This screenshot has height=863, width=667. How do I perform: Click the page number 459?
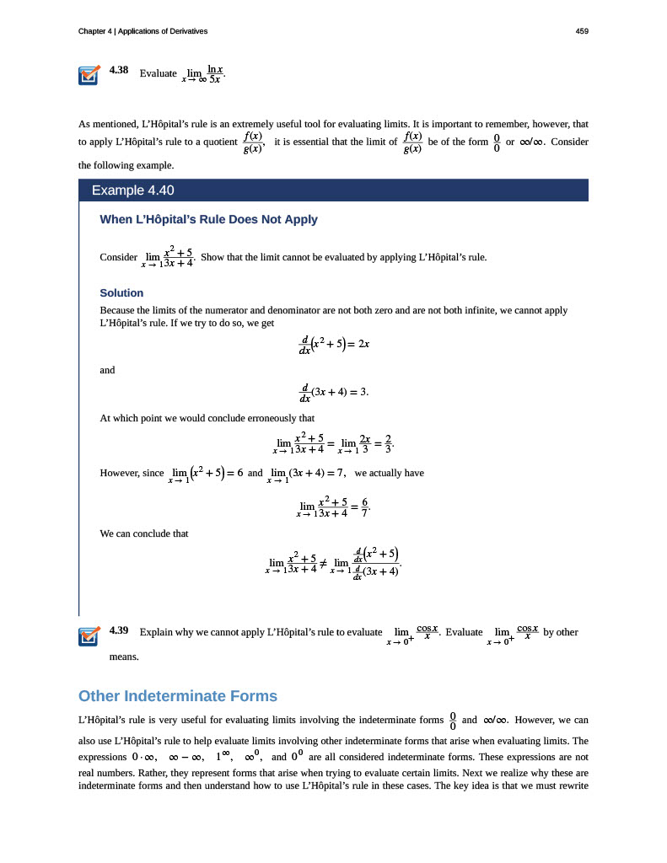click(581, 31)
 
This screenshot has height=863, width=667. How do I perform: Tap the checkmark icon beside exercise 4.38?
click(89, 75)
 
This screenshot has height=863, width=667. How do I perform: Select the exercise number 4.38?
click(119, 70)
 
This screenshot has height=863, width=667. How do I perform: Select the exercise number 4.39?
click(119, 630)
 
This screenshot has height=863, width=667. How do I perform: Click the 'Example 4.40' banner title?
click(132, 190)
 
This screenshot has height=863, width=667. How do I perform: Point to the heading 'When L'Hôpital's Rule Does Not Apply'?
click(208, 219)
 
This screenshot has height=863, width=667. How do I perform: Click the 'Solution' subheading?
click(121, 292)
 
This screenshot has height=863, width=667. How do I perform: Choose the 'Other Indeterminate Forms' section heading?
click(177, 696)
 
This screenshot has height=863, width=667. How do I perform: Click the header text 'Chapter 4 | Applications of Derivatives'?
click(143, 31)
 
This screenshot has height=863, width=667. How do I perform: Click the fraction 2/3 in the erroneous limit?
click(387, 442)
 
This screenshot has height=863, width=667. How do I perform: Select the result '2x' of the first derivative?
click(363, 344)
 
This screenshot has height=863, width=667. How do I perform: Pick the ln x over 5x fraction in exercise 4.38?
click(215, 74)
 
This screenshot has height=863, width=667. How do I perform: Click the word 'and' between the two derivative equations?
click(107, 369)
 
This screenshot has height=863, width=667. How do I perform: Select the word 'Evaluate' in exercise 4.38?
click(158, 73)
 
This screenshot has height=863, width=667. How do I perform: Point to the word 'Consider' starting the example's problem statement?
click(118, 256)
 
